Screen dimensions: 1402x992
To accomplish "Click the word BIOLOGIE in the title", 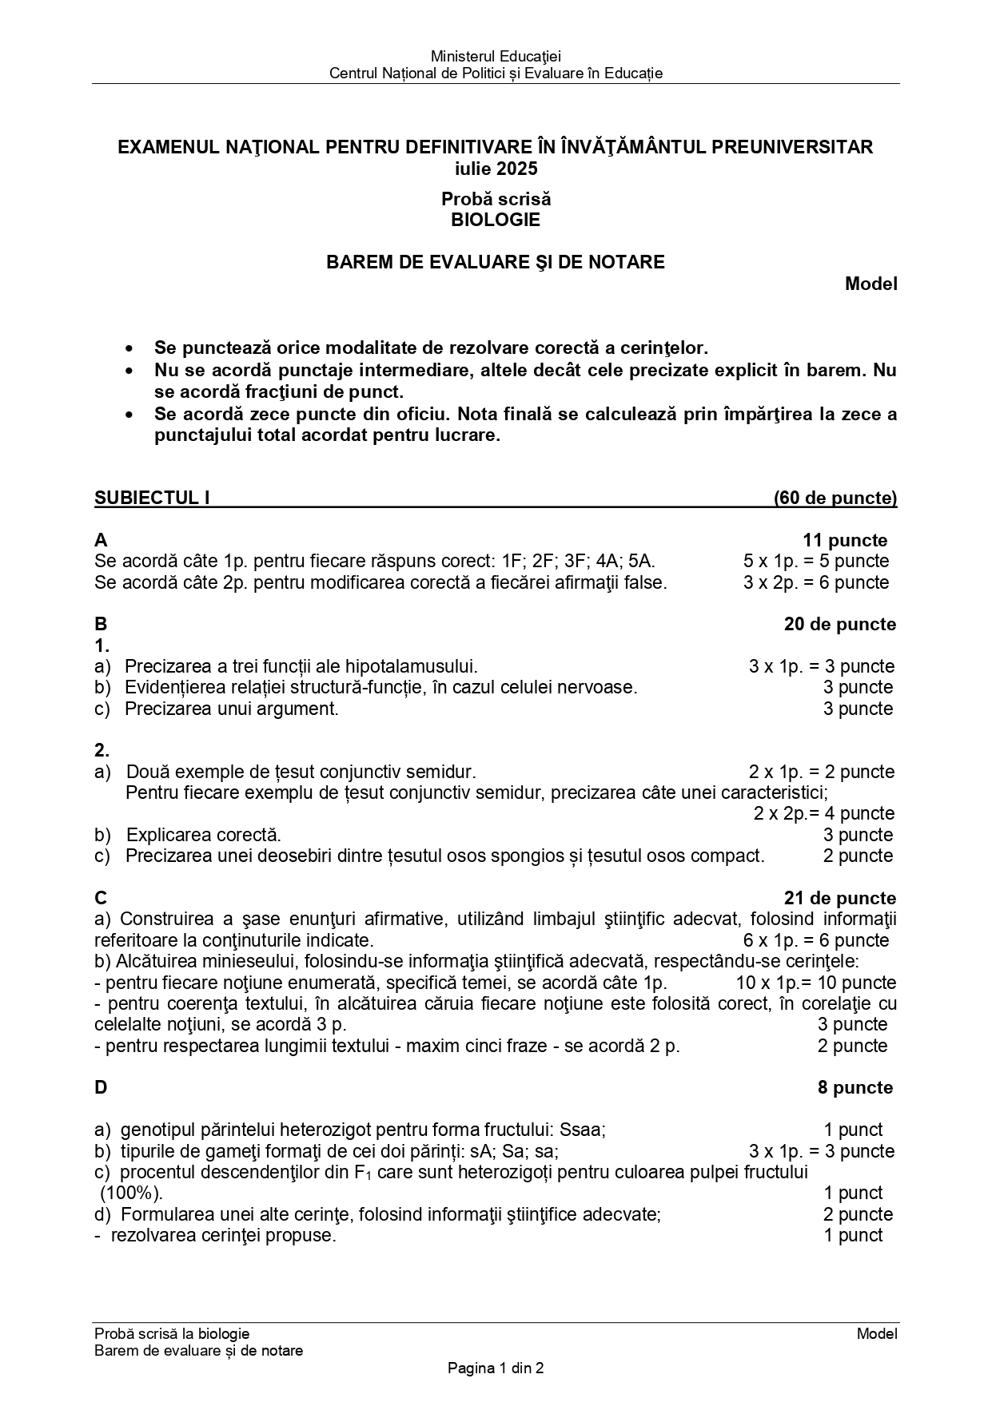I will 496,220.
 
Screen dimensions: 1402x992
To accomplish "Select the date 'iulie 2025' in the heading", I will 496,169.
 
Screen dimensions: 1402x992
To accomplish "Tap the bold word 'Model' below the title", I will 871,284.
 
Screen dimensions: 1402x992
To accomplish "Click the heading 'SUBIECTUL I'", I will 152,498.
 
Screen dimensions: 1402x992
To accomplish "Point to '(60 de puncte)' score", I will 835,498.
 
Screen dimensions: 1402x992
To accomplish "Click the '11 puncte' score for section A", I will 845,540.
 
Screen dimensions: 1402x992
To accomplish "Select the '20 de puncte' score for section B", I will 840,624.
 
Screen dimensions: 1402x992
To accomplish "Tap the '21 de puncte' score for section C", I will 840,898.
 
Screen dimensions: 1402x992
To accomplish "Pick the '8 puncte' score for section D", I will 855,1087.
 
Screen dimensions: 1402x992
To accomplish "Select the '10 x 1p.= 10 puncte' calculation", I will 815,983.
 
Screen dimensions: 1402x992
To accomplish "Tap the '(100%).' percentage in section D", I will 131,1193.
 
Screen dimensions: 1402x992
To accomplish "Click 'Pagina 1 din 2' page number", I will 496,1368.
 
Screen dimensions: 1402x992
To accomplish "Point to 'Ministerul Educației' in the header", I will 496,56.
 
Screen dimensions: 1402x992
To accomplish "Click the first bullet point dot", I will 129,349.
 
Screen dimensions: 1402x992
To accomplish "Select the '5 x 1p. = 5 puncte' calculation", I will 815,561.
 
